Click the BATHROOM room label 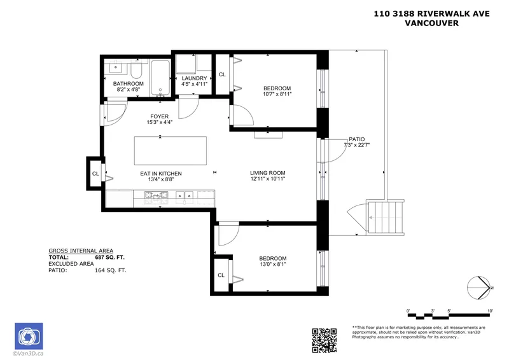point(129,84)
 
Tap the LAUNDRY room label point(194,78)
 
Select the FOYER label point(159,116)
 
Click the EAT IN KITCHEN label point(161,174)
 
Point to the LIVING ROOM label point(267,173)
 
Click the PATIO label point(356,139)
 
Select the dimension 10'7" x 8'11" point(277,94)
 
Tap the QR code point(324,340)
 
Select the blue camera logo point(27,335)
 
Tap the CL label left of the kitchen point(95,174)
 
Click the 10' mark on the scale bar point(490,311)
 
